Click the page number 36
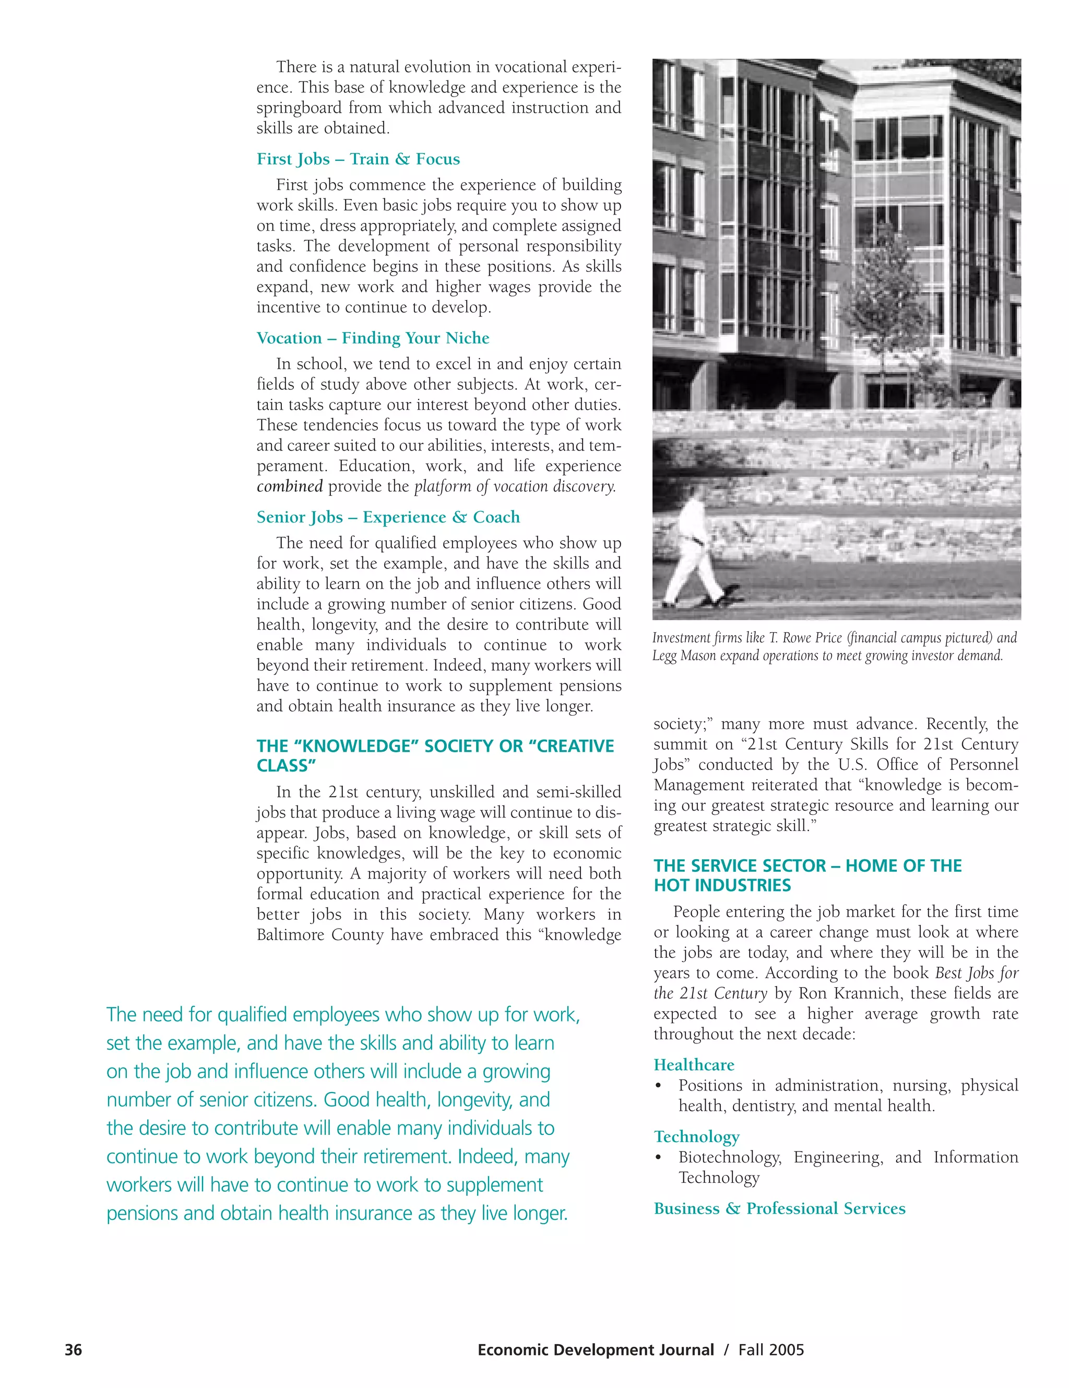coord(73,1349)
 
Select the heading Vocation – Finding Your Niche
coord(373,338)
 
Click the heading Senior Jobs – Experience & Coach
coord(388,517)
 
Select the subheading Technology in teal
coord(696,1136)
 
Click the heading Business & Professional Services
coord(779,1208)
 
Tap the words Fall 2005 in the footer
coord(770,1349)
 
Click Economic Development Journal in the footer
coord(595,1349)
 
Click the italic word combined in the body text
coord(289,486)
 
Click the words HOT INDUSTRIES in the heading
coord(722,885)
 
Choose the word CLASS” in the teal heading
coord(286,765)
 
